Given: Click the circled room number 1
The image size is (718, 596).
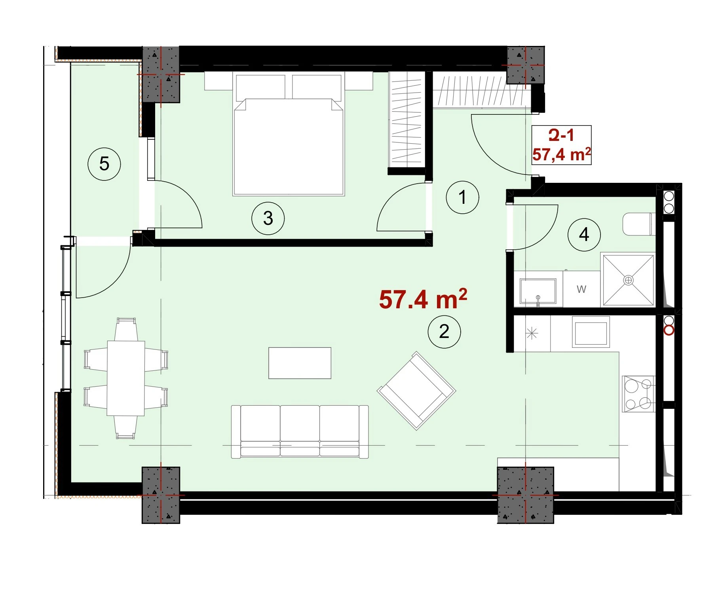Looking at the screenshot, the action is (462, 197).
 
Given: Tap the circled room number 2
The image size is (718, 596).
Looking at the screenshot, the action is (444, 332).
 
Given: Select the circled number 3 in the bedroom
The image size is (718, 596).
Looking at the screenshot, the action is (268, 218).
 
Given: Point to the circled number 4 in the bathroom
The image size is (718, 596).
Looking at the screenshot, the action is (584, 235).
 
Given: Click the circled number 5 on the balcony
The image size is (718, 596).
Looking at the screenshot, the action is (104, 163).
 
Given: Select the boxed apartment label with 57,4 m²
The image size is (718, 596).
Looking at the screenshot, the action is (561, 145).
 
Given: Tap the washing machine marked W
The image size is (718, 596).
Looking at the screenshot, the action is (581, 289).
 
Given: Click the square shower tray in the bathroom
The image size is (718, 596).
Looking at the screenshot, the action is (628, 280).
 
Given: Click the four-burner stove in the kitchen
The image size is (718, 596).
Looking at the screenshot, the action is (638, 394).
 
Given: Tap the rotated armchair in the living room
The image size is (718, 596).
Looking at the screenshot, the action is (416, 391).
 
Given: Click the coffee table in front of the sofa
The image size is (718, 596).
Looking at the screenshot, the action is (300, 363).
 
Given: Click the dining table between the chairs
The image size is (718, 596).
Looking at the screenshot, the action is (126, 378).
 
